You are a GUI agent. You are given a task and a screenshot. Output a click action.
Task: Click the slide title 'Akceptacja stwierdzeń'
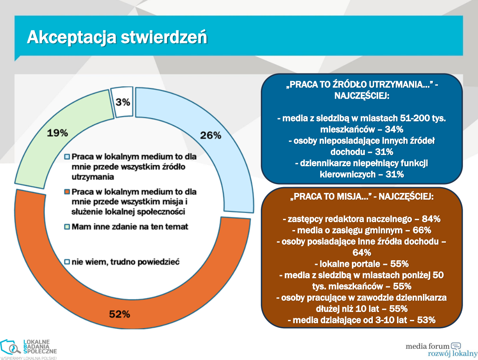click(x=117, y=37)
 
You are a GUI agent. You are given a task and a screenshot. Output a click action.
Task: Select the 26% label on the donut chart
click(x=210, y=135)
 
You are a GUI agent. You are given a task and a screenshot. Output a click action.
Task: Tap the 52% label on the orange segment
click(x=120, y=314)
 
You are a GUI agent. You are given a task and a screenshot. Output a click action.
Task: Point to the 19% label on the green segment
click(x=57, y=133)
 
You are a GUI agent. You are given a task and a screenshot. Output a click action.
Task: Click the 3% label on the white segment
click(x=123, y=102)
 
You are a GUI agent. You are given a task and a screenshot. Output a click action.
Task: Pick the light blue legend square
click(x=67, y=157)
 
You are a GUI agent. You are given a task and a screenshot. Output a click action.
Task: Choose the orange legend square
click(x=67, y=193)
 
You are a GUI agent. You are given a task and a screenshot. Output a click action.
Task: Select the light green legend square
click(x=67, y=227)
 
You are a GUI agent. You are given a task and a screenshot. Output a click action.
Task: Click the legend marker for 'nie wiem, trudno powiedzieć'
click(x=67, y=262)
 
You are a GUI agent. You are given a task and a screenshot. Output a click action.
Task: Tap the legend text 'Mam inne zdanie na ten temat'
click(x=130, y=227)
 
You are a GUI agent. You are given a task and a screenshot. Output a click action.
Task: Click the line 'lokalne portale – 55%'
click(x=362, y=264)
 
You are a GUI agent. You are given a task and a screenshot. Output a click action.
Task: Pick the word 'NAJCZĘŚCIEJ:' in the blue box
click(x=362, y=96)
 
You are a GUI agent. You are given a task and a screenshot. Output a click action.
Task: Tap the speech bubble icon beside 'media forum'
click(x=456, y=346)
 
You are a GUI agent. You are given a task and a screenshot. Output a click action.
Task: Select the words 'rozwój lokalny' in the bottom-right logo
click(x=448, y=354)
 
